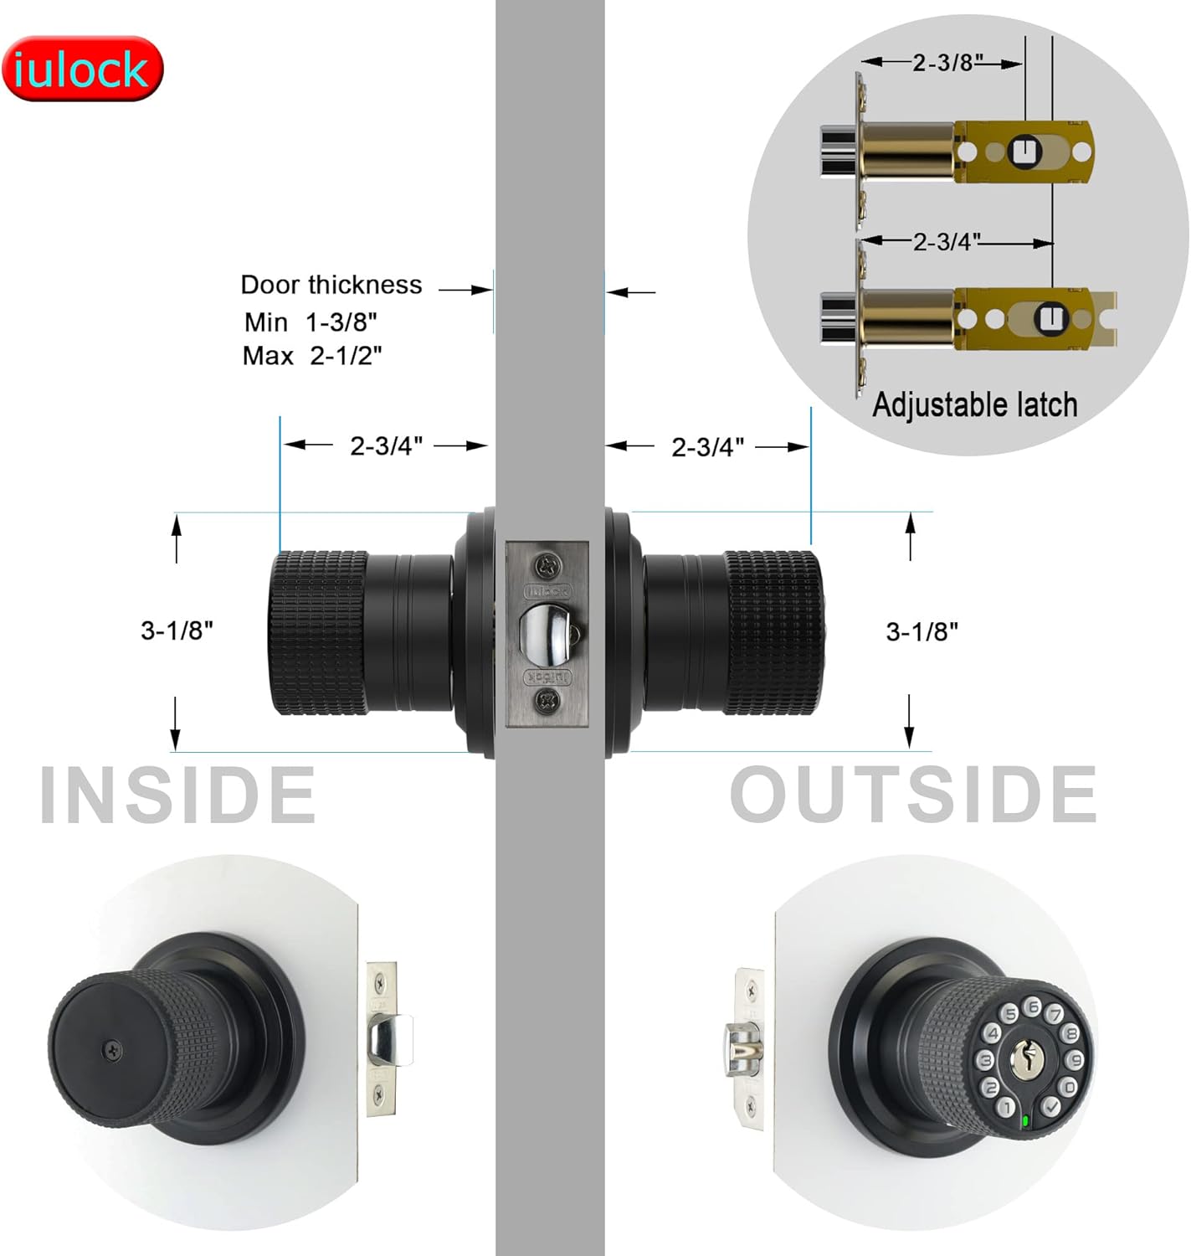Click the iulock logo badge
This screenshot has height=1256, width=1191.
click(82, 69)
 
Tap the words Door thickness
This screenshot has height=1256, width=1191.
click(331, 285)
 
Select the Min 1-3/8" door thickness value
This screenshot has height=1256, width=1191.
click(311, 322)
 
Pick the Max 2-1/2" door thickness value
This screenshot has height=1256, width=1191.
click(312, 356)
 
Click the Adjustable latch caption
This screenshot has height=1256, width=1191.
click(974, 405)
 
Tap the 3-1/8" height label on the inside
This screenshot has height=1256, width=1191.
click(177, 630)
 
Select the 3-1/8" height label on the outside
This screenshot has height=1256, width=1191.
click(921, 631)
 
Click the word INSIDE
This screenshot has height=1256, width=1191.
click(177, 795)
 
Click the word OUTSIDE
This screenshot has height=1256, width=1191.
click(913, 795)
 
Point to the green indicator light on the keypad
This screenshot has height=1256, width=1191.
click(1024, 1120)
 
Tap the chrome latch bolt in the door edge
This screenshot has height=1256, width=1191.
click(548, 631)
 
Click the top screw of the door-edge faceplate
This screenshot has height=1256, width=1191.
click(547, 565)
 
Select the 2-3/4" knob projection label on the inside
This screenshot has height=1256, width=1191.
click(386, 446)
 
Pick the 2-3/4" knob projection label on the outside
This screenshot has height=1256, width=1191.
click(707, 447)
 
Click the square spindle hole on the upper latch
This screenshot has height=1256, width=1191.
click(1023, 152)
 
